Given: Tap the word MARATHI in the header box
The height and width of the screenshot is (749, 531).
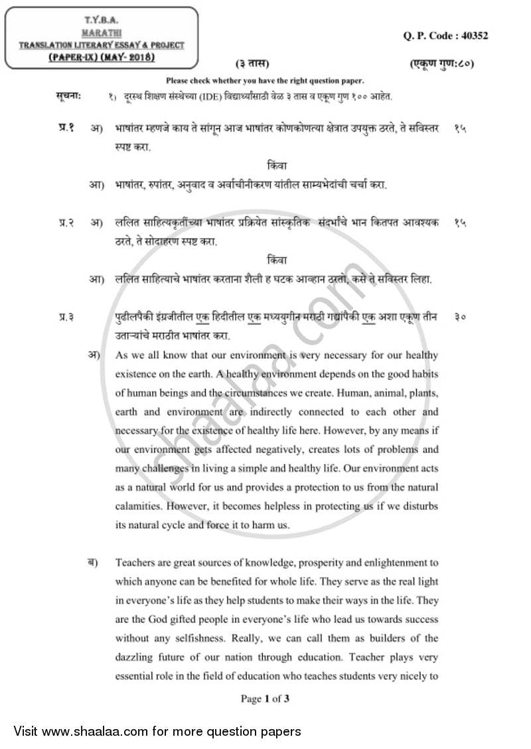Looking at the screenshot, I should point(101,31).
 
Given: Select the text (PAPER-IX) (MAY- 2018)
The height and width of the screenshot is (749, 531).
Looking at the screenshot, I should point(102,58).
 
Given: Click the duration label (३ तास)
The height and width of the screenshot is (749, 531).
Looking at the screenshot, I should point(252,64).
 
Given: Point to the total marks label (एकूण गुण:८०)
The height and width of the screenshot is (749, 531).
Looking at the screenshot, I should point(442,64).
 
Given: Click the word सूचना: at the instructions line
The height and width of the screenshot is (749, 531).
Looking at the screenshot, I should point(68,97).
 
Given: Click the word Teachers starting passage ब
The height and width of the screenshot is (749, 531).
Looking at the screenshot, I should point(135,563).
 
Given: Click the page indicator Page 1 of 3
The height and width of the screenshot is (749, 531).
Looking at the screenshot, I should point(265,698).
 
